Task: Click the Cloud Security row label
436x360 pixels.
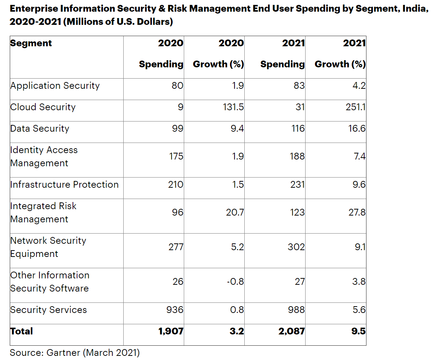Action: tap(43, 107)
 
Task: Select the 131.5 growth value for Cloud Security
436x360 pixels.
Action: tap(233, 107)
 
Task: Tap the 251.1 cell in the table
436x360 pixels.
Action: tap(356, 107)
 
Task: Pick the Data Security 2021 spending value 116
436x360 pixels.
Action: tap(297, 129)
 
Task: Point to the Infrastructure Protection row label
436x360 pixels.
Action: tap(64, 185)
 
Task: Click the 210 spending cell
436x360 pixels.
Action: tap(176, 185)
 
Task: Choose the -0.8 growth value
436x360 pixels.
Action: tap(235, 281)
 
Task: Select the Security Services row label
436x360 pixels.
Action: tap(48, 310)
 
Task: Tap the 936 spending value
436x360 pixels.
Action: tap(174, 310)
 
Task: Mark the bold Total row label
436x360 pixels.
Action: tap(21, 331)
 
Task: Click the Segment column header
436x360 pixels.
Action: tap(31, 43)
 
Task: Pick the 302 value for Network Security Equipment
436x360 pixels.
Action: tap(297, 247)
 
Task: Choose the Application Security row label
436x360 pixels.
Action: tap(55, 86)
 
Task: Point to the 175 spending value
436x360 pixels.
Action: tap(176, 156)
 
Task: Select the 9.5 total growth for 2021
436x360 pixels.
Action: tap(359, 331)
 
